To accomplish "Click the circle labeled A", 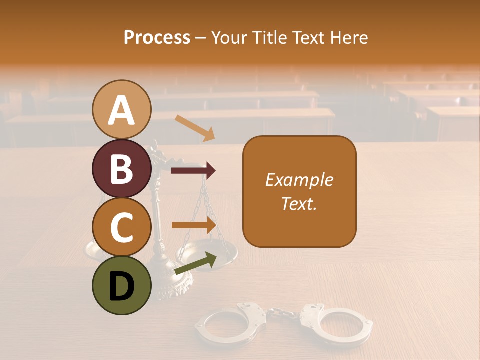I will point(122,109).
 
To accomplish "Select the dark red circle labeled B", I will point(122,168).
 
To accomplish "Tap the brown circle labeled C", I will point(122,227).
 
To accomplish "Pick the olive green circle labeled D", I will point(122,285).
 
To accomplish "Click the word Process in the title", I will point(157,37).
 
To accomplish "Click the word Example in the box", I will point(299,180).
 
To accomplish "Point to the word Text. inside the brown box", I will point(299,203).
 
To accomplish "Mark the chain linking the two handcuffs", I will point(282,314).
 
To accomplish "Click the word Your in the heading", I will point(229,37).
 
